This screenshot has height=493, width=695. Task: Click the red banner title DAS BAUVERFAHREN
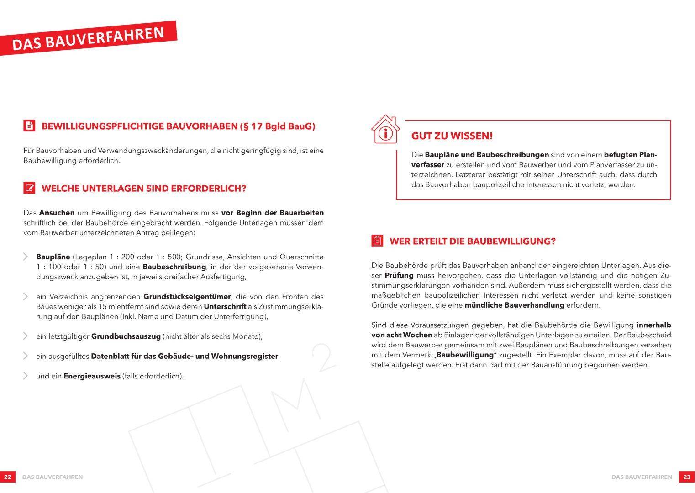coord(88,38)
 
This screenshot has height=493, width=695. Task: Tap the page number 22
coord(8,477)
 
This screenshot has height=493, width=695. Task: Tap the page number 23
coord(687,477)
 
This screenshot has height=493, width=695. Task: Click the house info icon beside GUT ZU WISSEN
coord(386,130)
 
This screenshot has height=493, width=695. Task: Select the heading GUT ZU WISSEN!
coord(452,136)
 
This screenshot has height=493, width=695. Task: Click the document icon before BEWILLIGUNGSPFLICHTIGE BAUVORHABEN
coord(29,126)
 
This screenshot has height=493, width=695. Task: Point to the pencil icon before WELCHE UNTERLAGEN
coord(29,188)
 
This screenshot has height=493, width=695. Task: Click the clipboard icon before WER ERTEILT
coord(377,241)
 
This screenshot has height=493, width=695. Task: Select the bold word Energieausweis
coord(92,376)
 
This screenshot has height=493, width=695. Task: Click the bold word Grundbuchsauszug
coord(126,336)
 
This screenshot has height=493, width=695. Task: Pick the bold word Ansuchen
coord(57,213)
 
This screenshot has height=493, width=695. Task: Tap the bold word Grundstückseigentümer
coord(187,297)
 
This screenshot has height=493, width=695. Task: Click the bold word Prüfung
coord(399,275)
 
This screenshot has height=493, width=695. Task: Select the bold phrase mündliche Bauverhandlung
coord(514,305)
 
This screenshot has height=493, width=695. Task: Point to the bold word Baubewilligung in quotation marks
coord(465,355)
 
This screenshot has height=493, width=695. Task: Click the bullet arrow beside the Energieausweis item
coord(26,376)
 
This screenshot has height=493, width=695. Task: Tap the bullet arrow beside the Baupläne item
coord(26,257)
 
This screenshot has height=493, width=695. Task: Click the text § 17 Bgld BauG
coord(278,126)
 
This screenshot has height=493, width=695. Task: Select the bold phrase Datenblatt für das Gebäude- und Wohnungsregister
coord(184,356)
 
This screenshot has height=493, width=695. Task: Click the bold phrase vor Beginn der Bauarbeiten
coord(273,213)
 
